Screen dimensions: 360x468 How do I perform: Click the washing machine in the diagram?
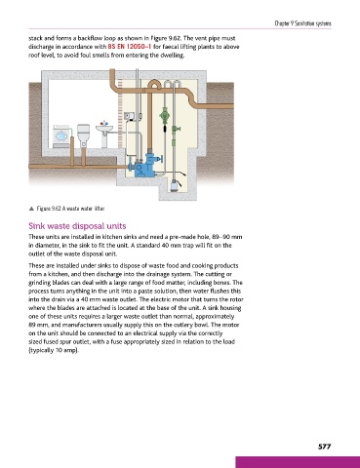[60, 136]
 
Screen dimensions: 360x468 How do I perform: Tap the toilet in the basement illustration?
[83, 136]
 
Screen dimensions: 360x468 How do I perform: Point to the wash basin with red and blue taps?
[104, 134]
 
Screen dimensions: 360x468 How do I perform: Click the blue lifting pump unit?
[145, 165]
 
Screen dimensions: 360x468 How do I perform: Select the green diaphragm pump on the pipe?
[164, 115]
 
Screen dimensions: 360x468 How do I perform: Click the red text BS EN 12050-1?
[130, 47]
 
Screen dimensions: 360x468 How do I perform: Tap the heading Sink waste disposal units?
[77, 226]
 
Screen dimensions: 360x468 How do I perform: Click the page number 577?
[324, 447]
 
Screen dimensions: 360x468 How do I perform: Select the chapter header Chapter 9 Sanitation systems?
[302, 23]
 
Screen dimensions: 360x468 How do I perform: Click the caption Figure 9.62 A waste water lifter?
[70, 209]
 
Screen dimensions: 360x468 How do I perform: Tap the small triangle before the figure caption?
[31, 209]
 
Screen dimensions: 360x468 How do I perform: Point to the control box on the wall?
[129, 116]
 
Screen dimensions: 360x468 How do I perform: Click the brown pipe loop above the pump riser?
[153, 84]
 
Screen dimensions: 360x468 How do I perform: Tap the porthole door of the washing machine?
[60, 136]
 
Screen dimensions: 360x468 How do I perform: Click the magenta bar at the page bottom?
[298, 462]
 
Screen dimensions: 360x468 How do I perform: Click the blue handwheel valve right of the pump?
[160, 160]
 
